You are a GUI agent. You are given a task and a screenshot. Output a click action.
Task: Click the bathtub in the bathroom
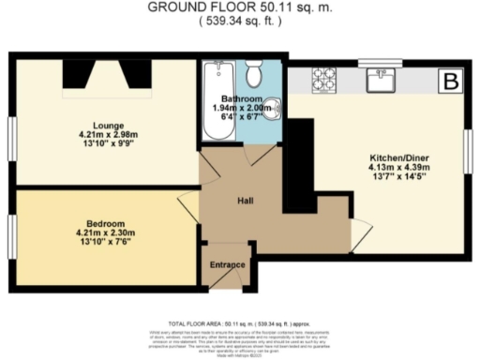(217, 98)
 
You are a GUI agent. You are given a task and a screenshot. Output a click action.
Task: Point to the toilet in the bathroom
(251, 76)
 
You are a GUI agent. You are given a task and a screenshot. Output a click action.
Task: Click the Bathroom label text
(240, 99)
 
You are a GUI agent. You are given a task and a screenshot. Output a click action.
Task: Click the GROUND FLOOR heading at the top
(239, 7)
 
